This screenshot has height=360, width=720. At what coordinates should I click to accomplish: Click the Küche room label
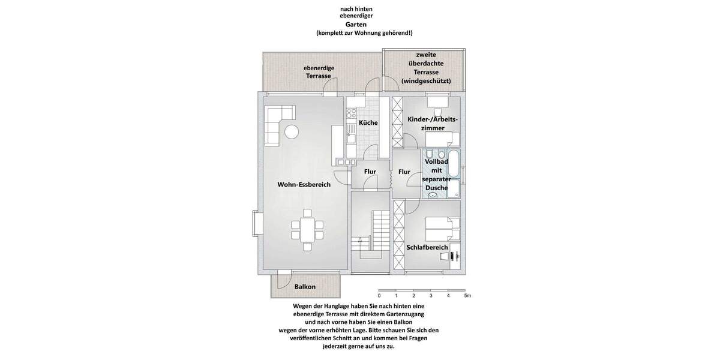point(368,123)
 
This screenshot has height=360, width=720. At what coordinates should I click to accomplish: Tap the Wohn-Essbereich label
point(304,185)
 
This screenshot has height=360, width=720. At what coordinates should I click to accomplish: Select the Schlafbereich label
point(427,247)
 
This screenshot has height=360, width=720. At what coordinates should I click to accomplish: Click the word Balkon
point(305,287)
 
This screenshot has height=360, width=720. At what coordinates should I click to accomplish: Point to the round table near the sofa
point(292,132)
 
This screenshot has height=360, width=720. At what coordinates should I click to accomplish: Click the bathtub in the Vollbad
point(454,163)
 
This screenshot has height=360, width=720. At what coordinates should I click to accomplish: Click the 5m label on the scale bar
point(467,296)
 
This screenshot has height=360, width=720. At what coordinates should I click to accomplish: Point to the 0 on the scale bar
point(379,296)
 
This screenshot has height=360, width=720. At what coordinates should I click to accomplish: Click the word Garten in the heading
point(364,25)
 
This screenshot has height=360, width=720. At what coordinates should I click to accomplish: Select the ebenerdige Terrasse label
point(319,73)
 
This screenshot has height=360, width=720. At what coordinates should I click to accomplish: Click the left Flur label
point(370,172)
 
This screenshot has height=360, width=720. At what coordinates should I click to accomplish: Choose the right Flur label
point(404,172)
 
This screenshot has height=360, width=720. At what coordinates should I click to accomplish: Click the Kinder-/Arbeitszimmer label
point(433,124)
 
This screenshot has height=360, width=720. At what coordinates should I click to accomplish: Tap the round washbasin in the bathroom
point(433,195)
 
